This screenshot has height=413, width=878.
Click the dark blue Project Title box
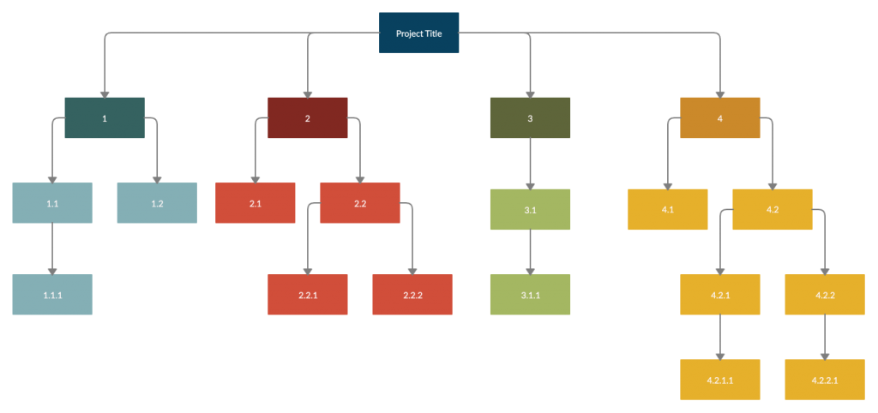418,33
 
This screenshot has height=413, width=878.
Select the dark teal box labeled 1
105,118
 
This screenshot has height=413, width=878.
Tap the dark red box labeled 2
308,118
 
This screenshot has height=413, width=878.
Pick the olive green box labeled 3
530,118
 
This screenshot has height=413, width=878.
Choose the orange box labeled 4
720,118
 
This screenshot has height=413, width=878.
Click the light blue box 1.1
52,203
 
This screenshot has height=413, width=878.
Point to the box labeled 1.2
157,203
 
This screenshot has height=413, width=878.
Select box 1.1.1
52,295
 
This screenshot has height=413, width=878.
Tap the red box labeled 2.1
256,203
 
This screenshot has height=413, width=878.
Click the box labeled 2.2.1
308,295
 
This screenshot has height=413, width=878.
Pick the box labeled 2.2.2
412,295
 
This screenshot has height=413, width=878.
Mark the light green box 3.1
530,209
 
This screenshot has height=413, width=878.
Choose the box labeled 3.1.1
530,295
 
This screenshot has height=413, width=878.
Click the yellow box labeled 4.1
667,209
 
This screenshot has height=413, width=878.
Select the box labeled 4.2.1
720,295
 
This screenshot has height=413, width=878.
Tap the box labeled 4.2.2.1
825,380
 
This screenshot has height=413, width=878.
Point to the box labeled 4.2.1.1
720,380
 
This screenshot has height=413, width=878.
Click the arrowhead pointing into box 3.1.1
530,271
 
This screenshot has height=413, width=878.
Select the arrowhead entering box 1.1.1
52,271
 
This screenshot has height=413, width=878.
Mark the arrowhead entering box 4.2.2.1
825,356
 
